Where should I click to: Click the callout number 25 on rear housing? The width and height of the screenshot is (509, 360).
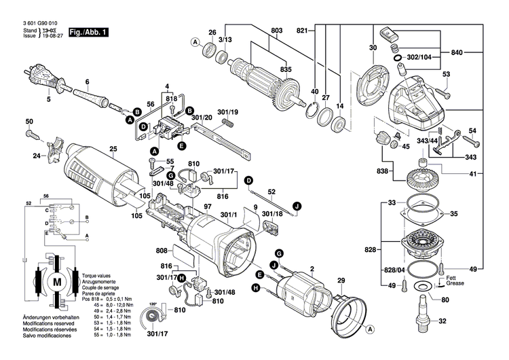(x=113, y=149)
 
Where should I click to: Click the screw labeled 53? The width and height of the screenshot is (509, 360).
(x=446, y=86)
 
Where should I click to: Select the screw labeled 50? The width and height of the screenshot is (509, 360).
(x=33, y=134)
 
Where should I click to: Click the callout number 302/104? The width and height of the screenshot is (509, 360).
(x=417, y=58)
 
